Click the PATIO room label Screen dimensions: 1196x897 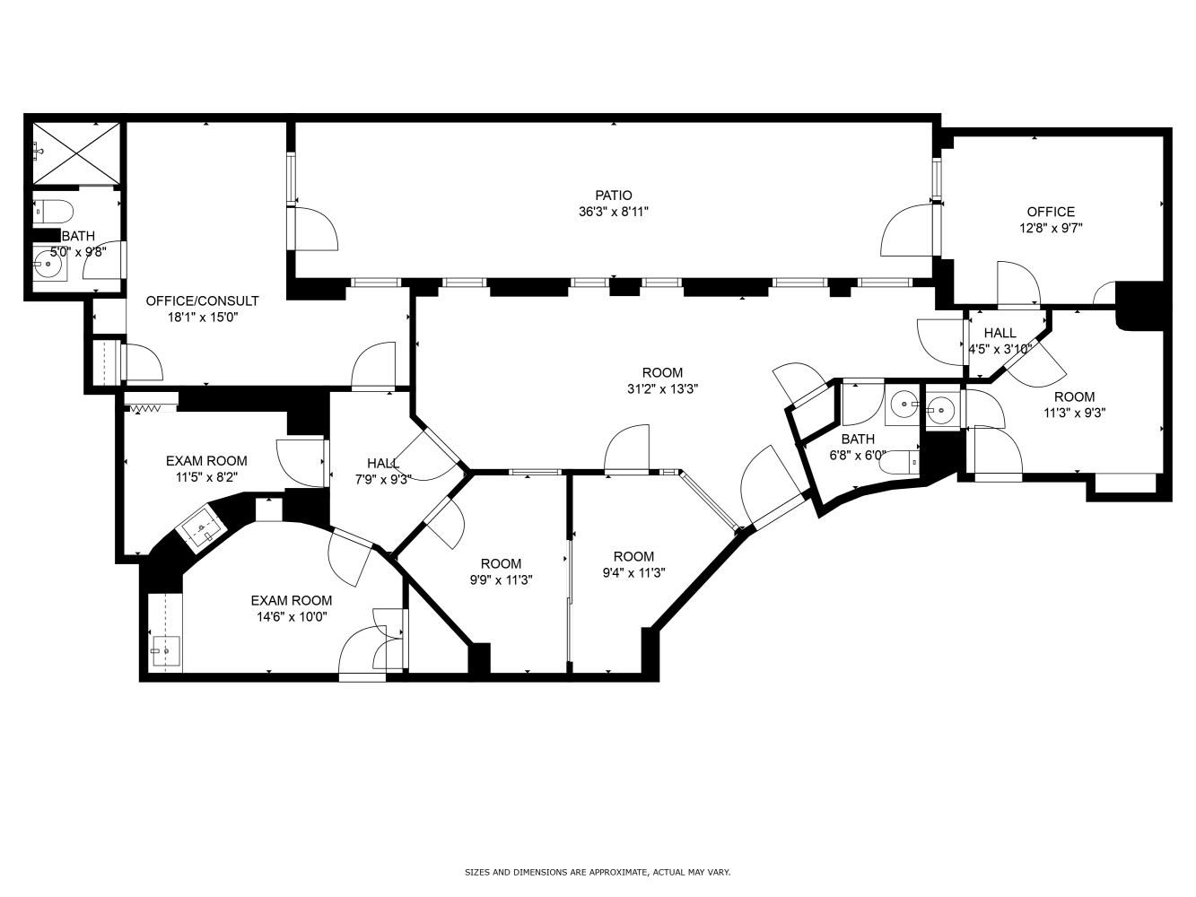point(613,195)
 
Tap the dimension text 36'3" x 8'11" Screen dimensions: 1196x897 point(613,212)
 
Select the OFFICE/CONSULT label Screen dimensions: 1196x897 point(202,300)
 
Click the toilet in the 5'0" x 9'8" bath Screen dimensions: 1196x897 point(53,212)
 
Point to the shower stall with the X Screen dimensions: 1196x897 point(76,153)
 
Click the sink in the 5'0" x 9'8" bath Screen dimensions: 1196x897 point(49,264)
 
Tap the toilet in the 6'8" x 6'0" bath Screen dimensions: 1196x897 point(899,462)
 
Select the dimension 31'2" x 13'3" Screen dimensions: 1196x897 point(662,389)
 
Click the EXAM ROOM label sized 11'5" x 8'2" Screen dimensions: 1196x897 point(206,461)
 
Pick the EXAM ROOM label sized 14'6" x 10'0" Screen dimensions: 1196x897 point(292,600)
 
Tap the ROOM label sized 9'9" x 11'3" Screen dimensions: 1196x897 point(501,563)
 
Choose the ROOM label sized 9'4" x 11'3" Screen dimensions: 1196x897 point(633,556)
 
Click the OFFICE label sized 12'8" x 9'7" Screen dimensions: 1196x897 point(1051,212)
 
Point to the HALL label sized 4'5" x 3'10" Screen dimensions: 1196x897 point(1000,332)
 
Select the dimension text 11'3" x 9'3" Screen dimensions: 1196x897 point(1074,413)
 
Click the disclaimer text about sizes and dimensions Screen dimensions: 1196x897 point(598,872)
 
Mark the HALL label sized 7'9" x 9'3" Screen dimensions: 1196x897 point(383,463)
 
